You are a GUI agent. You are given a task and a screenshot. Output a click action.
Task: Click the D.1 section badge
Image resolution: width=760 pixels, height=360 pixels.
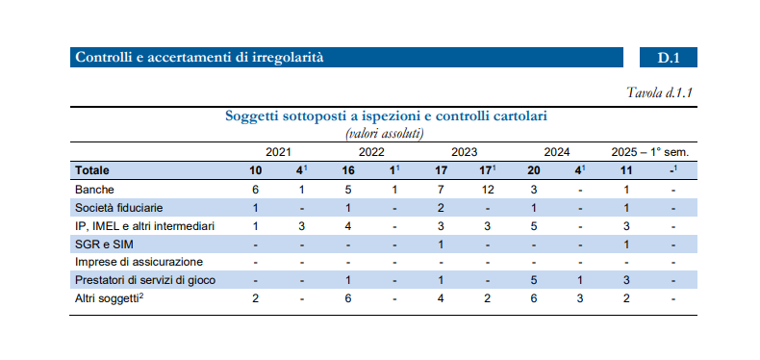[669, 57]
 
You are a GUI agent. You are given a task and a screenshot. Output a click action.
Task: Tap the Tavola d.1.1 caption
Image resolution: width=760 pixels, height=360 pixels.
[660, 92]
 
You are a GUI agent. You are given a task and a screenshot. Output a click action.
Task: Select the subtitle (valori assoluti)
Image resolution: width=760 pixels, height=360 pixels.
[384, 134]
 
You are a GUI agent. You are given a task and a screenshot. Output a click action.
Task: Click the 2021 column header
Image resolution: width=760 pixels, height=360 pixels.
[278, 152]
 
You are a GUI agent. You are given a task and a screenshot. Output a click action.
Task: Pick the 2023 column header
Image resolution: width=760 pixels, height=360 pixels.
[465, 152]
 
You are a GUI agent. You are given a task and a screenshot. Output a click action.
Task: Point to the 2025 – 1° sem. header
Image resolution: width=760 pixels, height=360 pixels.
[649, 152]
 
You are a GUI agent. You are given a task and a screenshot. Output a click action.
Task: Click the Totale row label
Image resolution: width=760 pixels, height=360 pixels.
[92, 170]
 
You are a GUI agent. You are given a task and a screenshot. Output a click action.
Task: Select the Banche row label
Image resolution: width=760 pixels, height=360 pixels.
[94, 190]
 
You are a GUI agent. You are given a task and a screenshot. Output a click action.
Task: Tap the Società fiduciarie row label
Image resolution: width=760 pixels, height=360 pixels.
[118, 208]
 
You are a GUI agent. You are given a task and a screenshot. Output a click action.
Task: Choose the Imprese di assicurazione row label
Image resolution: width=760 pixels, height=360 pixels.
[139, 263]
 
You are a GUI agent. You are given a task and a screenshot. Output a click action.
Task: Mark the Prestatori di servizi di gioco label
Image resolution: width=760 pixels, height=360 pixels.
[145, 280]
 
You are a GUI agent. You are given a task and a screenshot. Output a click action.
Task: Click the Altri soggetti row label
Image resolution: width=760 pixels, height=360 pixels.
[109, 298]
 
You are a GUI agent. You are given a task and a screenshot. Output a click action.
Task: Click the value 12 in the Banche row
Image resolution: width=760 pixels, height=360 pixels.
[488, 190]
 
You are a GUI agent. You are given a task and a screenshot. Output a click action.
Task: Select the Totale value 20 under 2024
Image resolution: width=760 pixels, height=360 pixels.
[534, 170]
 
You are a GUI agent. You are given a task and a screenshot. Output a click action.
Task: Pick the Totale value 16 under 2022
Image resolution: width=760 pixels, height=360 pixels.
[348, 170]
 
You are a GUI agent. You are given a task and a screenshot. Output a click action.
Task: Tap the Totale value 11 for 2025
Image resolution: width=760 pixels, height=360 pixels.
[626, 170]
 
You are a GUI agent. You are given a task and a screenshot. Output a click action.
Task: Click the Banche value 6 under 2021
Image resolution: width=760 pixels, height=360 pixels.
[256, 190]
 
